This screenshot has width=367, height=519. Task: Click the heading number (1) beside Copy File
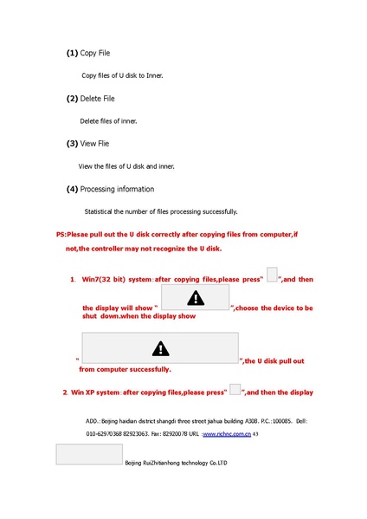[x=72, y=54]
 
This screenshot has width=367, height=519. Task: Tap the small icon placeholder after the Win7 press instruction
[x=272, y=275]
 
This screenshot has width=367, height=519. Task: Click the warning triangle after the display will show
[x=196, y=298]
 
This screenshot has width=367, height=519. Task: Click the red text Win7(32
[x=98, y=279]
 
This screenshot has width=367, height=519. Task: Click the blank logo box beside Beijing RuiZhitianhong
[x=88, y=455]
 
